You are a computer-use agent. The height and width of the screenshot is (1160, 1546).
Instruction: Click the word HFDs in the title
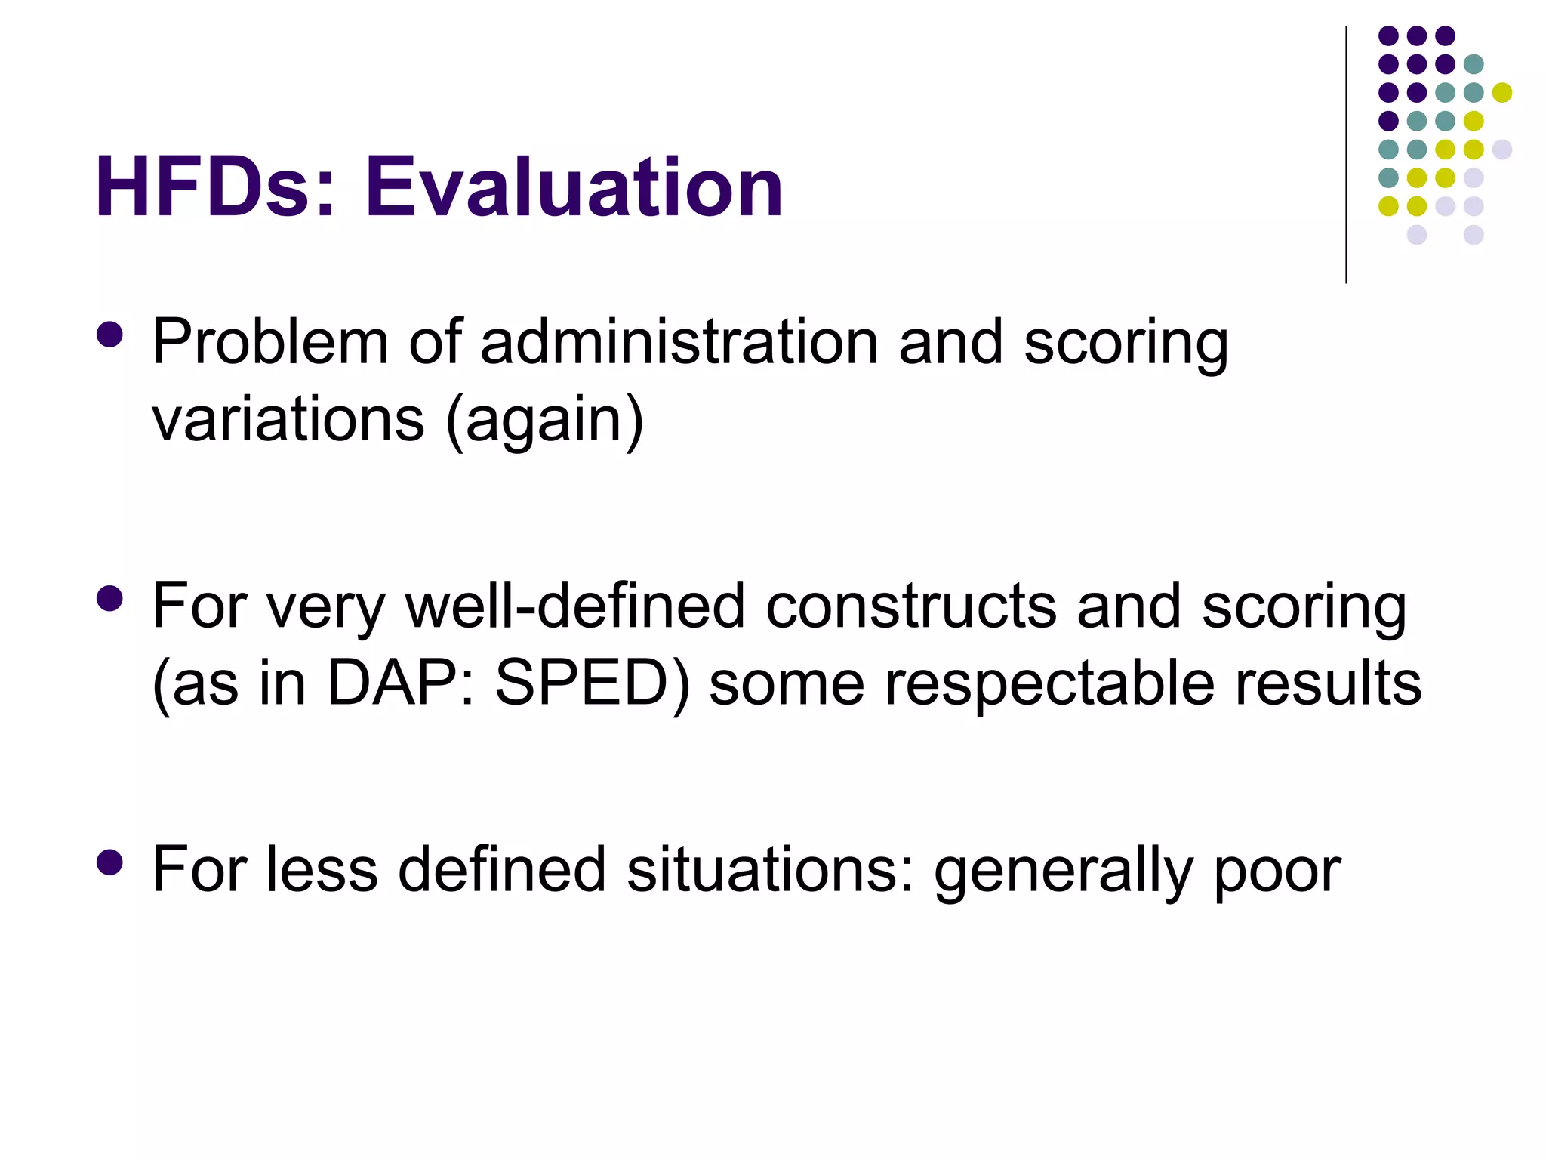202,187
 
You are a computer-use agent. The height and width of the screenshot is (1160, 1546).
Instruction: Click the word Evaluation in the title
574,187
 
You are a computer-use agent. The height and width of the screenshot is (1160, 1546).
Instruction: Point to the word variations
288,420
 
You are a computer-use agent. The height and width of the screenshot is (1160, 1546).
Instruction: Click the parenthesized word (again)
545,421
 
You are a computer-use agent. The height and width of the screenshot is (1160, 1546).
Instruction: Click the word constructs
911,606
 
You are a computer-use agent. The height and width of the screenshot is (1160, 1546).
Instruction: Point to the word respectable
1049,684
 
